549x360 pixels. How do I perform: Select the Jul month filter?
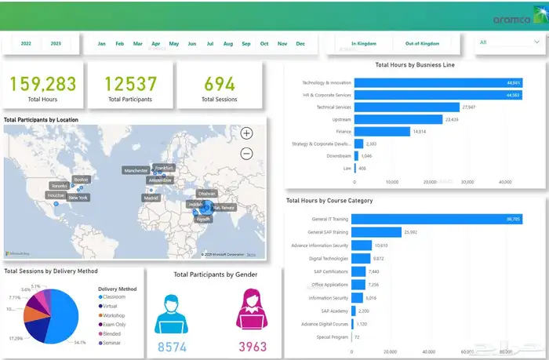[210, 44]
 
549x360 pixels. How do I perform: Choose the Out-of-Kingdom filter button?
[422, 44]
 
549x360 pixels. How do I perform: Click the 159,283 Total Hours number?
[42, 84]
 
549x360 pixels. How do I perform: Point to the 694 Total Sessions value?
[220, 84]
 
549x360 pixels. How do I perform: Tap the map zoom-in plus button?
[246, 133]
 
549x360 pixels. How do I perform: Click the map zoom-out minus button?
[246, 154]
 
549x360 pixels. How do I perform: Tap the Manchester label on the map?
[136, 170]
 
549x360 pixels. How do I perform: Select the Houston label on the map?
[56, 195]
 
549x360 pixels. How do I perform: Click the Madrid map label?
[151, 198]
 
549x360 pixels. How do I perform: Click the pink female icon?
[253, 308]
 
